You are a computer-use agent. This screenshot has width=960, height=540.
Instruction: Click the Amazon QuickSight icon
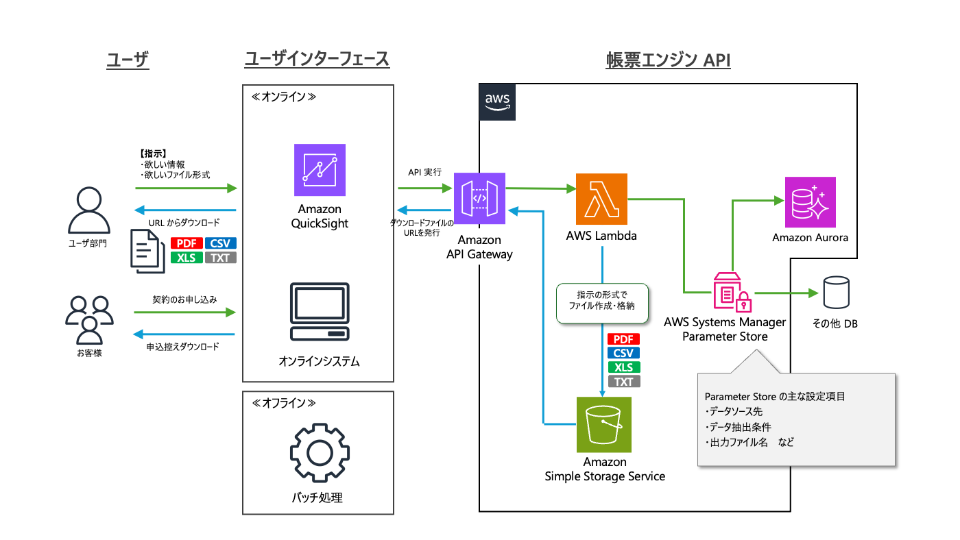pos(320,170)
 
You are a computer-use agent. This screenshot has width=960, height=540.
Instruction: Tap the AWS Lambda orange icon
pos(601,199)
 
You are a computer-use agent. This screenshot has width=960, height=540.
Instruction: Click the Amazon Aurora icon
pos(810,202)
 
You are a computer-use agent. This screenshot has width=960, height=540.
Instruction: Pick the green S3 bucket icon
pos(604,423)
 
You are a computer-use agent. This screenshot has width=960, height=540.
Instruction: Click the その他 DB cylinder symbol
pos(835,293)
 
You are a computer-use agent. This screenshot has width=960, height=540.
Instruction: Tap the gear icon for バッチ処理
pos(319,453)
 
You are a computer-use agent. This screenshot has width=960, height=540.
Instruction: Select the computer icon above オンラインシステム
pos(320,312)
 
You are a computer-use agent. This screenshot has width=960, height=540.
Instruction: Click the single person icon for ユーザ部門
pos(89,211)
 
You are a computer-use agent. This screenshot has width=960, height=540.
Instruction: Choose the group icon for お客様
pos(89,319)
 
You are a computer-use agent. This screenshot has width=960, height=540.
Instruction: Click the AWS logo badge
pos(497,102)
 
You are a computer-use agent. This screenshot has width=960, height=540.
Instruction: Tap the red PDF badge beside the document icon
pos(186,243)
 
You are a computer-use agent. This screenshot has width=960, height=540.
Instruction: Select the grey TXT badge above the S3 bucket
pos(623,382)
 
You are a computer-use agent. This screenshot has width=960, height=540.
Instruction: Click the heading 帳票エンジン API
pos(668,61)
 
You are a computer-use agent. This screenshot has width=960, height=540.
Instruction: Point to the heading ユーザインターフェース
pos(317,60)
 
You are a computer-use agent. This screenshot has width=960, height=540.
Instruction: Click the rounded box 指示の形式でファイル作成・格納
pos(601,302)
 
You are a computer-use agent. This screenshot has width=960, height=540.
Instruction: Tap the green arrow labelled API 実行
pos(424,187)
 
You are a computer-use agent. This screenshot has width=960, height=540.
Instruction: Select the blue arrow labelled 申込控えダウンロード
pos(184,334)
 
